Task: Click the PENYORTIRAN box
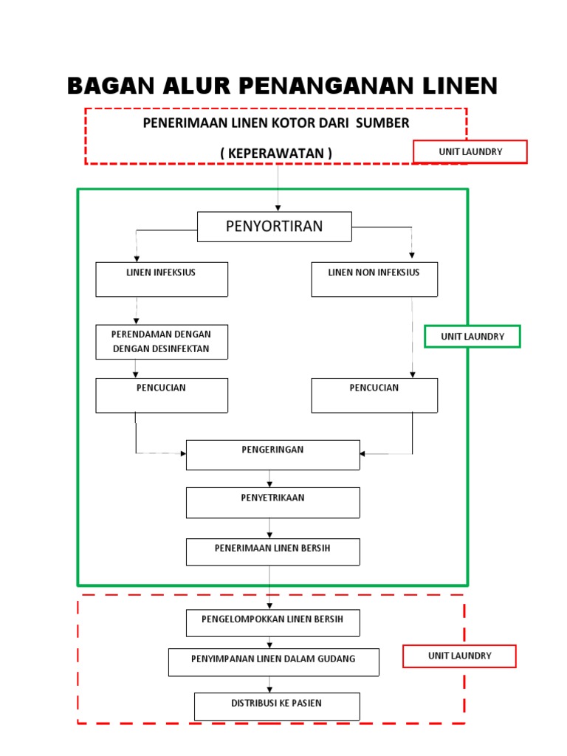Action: coord(274,227)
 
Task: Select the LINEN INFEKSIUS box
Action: coord(162,279)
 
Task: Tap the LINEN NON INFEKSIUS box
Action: coord(374,279)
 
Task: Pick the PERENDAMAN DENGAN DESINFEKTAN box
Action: coord(162,342)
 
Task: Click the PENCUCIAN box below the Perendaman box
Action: coord(162,395)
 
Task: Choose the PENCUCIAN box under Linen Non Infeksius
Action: coord(374,395)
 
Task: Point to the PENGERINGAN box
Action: coord(272,455)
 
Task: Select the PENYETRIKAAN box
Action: coord(272,502)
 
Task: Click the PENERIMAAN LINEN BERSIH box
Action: coord(272,551)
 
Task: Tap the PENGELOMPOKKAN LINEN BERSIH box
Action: coord(272,622)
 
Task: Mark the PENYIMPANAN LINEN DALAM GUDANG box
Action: coord(273,662)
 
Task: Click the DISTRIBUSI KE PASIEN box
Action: coord(277,707)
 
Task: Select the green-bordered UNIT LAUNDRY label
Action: coord(472,337)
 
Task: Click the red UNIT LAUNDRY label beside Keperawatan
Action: coord(470,151)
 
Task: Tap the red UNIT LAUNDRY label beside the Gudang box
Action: coord(459,656)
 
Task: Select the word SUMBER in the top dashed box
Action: coord(382,123)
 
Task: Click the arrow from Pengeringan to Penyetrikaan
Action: coord(269,479)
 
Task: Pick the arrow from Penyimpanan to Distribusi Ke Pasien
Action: coord(269,684)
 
